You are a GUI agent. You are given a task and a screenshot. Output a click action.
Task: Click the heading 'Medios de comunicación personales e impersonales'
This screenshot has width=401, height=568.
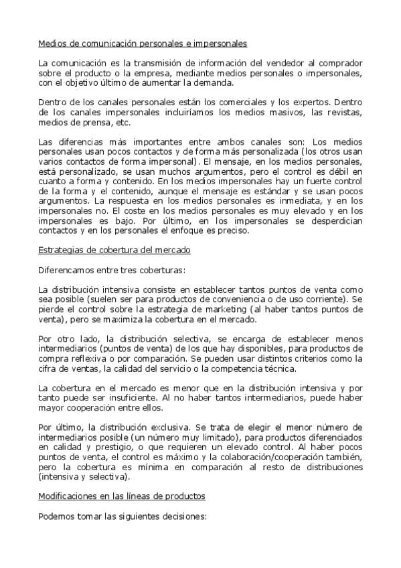point(143,44)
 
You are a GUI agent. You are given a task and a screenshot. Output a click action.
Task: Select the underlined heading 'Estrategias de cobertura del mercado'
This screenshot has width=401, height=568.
point(114,250)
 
